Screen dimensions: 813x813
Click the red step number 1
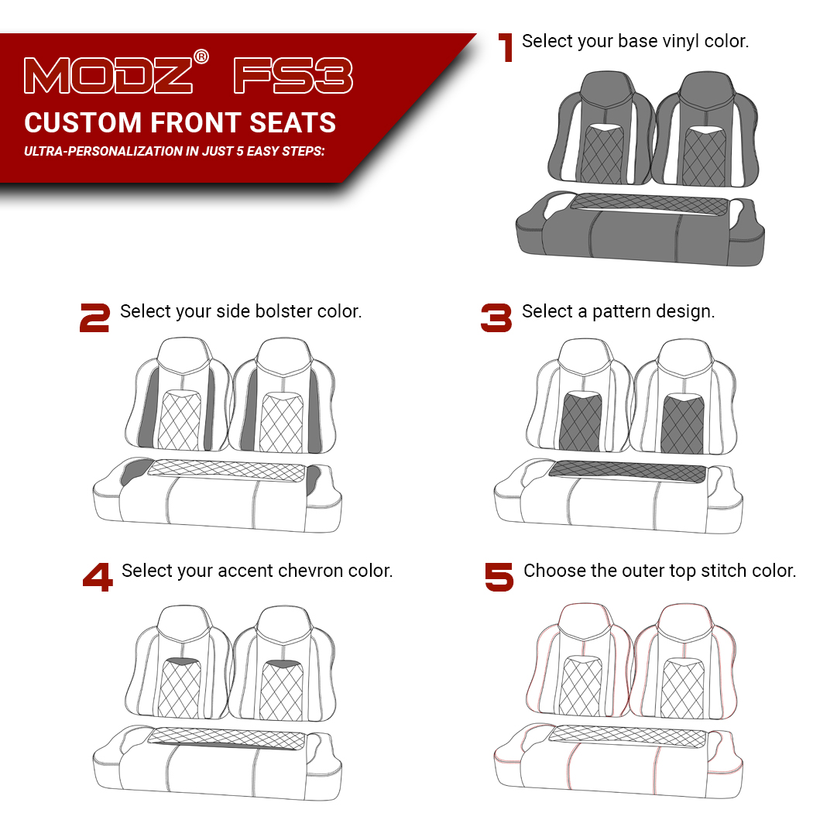coord(506,47)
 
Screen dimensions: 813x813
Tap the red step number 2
coord(94,318)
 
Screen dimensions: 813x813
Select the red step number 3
coord(496,318)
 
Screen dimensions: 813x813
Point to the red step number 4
coord(98,578)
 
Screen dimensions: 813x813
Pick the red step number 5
coord(499,578)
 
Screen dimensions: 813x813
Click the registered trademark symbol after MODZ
coord(201,57)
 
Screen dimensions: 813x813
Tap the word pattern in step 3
coord(621,311)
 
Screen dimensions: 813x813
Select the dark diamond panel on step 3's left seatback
coord(581,424)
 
